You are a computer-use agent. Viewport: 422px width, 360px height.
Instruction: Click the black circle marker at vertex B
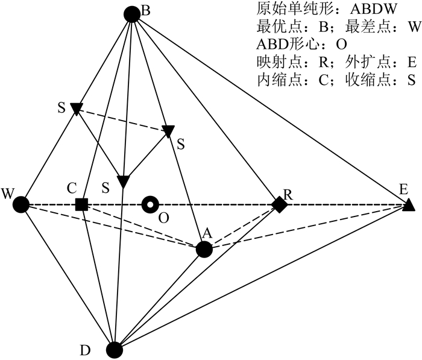click(x=131, y=13)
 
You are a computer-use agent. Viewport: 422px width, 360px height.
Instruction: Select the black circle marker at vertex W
click(x=21, y=205)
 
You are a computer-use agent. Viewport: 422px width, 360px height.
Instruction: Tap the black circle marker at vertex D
click(x=115, y=349)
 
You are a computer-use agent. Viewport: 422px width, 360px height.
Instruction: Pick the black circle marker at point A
click(x=204, y=248)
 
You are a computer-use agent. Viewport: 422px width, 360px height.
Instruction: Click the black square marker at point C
click(x=81, y=205)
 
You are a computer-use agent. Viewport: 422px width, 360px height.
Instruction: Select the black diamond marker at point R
click(x=279, y=205)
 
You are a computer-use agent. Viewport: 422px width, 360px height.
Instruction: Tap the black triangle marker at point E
click(x=408, y=205)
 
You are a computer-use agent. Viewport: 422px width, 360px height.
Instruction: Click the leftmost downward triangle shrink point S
click(x=77, y=108)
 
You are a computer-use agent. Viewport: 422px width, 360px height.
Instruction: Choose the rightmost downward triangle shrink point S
click(x=168, y=130)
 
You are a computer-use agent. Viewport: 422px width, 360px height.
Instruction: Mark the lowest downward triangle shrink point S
click(x=123, y=181)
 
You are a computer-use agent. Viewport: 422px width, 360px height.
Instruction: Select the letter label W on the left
click(x=8, y=194)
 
